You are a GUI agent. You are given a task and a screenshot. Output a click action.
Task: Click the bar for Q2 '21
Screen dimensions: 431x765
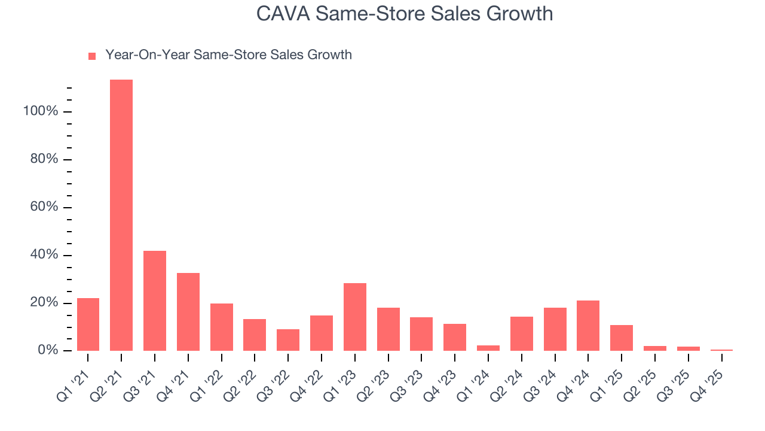click(121, 215)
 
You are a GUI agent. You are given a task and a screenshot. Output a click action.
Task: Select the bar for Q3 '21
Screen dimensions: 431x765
click(155, 301)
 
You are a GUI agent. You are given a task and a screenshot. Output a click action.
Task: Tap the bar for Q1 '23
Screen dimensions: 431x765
click(355, 317)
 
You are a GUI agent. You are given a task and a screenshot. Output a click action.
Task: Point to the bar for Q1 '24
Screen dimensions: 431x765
click(488, 348)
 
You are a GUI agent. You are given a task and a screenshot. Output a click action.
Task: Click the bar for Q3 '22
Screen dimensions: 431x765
click(288, 339)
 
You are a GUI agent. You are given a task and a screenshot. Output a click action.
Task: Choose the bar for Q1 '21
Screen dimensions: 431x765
click(88, 324)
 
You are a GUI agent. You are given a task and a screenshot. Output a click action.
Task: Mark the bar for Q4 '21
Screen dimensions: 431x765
click(188, 311)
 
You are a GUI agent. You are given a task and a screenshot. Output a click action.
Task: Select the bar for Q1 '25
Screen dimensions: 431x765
click(622, 338)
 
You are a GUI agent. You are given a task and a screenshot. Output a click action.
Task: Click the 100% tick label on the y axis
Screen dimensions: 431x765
click(41, 111)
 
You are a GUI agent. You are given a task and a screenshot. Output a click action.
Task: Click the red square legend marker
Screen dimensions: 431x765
click(92, 56)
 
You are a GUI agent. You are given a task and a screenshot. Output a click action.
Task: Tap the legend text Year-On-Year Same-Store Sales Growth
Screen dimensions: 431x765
click(228, 55)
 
